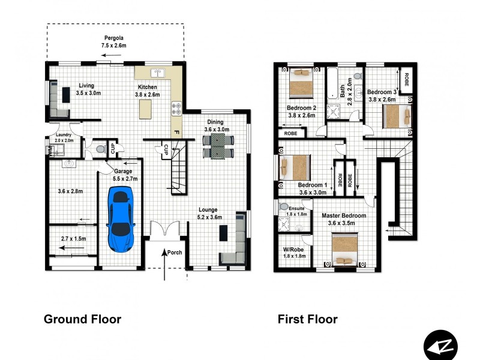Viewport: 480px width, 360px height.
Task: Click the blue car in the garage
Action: [121, 219]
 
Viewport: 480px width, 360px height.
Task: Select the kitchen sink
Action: [158, 73]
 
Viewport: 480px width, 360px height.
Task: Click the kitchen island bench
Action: [145, 109]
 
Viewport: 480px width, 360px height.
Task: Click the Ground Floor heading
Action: [83, 319]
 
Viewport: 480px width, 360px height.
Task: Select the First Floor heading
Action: [307, 319]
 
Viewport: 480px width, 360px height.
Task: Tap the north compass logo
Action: [440, 346]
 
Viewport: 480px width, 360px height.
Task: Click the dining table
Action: [218, 146]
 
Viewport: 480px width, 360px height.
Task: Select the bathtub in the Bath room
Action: [332, 83]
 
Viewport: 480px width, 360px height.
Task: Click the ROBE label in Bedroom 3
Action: [407, 79]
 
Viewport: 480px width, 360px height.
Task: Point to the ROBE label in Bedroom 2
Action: [290, 133]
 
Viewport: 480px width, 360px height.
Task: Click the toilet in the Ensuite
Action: [283, 206]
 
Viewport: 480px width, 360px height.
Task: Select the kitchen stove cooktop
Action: [176, 109]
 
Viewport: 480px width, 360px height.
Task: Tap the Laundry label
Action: [64, 134]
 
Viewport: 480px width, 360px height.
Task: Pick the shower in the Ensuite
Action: [283, 224]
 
